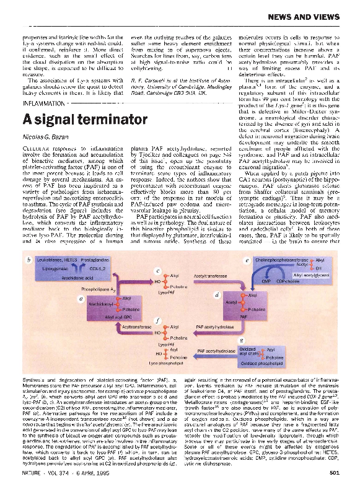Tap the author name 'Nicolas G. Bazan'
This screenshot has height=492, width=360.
[42, 137]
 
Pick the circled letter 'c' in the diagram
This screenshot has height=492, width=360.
[158, 271]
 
